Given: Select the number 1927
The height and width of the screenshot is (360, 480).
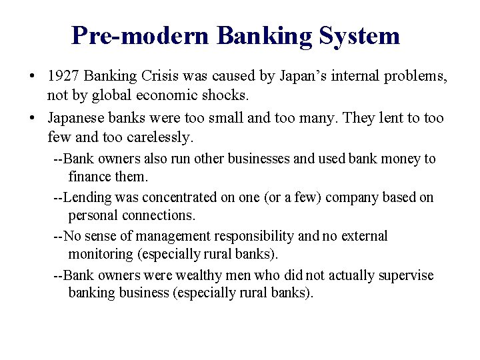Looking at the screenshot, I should point(64,77).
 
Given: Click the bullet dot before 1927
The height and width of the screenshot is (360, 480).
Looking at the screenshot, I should point(32,78).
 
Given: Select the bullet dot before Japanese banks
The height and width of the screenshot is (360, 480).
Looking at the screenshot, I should point(32,119).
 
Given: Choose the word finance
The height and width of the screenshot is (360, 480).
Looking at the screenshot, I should point(89,176).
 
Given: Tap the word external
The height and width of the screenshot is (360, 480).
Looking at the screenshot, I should point(365,236).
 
